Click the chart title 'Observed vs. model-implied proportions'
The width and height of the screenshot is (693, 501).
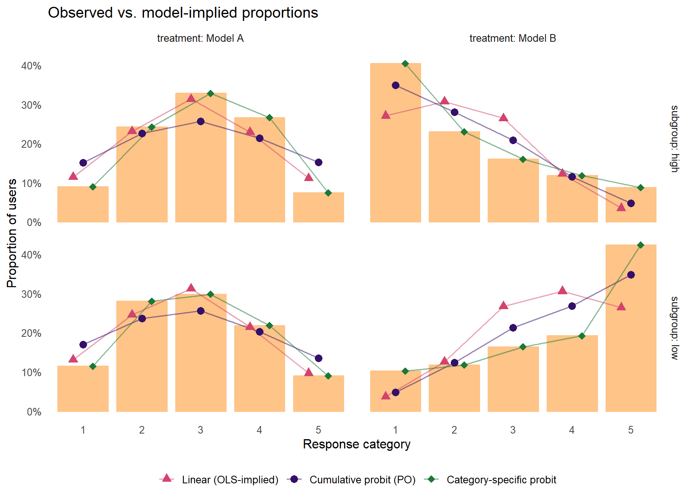(x=183, y=13)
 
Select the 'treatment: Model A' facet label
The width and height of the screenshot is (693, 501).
(x=201, y=38)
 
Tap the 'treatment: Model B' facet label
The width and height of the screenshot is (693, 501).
(x=513, y=38)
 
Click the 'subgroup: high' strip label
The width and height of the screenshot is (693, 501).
(x=675, y=139)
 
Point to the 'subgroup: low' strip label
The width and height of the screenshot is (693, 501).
(x=675, y=328)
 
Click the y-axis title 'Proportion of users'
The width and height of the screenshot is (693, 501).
(x=12, y=233)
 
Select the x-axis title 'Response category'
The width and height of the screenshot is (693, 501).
(x=357, y=444)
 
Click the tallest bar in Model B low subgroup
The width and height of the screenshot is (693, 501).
(x=631, y=328)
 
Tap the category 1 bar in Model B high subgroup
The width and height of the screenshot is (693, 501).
(x=395, y=143)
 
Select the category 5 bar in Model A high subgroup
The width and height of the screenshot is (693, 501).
(x=318, y=207)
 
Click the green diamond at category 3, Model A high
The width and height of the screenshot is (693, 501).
(x=211, y=94)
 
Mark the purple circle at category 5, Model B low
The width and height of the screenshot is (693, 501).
(x=631, y=275)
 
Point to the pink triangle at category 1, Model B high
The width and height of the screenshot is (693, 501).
(x=386, y=115)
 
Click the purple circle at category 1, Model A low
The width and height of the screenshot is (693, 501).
(x=83, y=344)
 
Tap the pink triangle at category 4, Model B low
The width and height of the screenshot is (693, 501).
(x=562, y=290)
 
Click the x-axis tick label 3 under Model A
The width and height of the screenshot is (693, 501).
(x=201, y=430)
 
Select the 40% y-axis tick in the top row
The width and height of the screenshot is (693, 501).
(x=31, y=66)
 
